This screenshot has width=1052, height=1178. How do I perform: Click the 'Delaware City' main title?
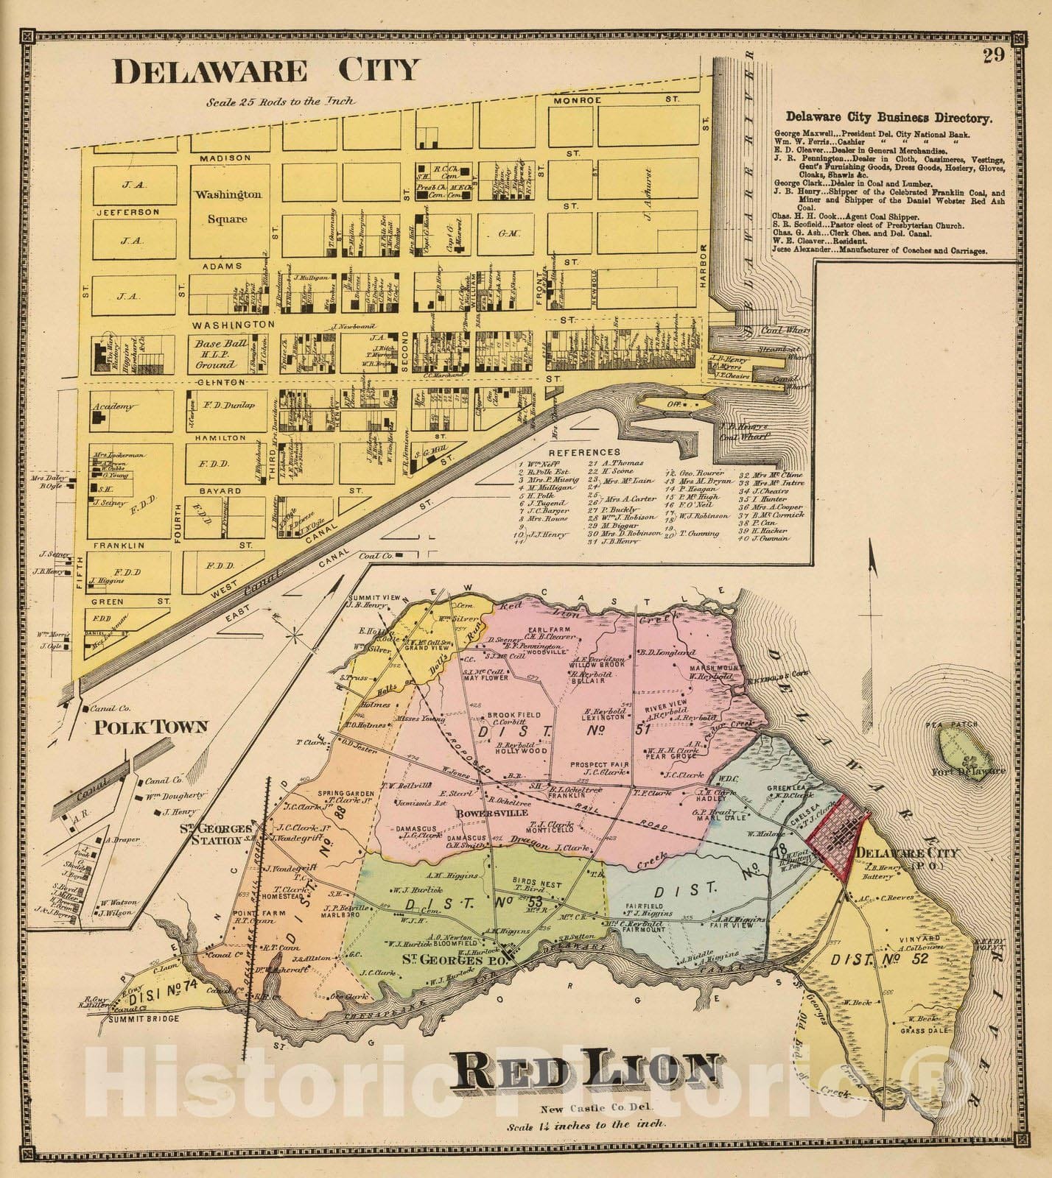(x=265, y=71)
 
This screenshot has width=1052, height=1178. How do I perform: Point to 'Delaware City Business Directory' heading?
(x=888, y=116)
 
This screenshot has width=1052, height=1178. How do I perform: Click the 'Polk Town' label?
(x=151, y=727)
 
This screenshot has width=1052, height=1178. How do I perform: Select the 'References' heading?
(x=587, y=451)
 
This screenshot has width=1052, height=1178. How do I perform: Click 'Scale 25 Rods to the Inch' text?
(x=281, y=101)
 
